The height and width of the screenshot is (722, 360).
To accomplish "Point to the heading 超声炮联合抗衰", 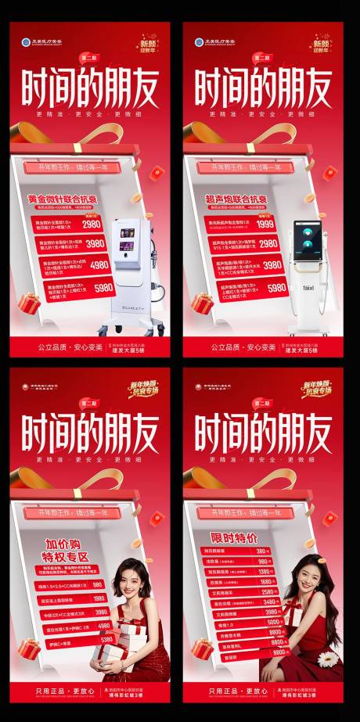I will point(236,199).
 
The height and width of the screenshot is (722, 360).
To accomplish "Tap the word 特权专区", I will point(67,556).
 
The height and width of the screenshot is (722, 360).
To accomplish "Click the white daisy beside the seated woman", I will point(328,659).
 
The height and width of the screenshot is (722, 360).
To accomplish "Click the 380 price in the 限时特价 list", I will point(262,551).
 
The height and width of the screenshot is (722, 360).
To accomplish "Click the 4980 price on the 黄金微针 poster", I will point(99,265).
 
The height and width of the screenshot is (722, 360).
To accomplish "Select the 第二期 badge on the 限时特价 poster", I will point(263,403).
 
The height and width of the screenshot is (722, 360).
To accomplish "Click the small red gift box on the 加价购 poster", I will point(29,648).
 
